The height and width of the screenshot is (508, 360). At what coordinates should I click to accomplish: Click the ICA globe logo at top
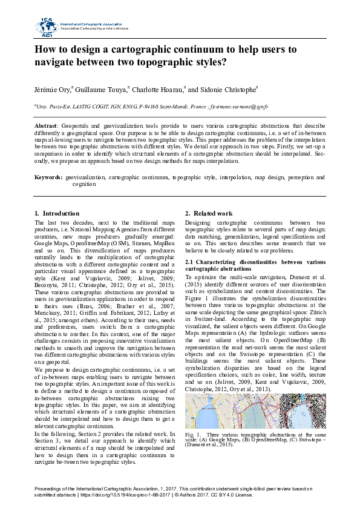[46, 26]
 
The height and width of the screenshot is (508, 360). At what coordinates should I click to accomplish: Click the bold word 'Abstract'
[45, 124]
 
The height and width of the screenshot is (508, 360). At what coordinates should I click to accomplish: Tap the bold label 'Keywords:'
[48, 177]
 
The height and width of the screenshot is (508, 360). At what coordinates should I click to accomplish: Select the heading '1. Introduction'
[57, 213]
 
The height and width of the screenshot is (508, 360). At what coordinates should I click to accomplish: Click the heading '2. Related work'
[208, 213]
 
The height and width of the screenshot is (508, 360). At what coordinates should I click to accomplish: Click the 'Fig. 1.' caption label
[193, 435]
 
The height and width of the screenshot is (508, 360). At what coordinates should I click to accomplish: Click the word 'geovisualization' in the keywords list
[86, 177]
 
